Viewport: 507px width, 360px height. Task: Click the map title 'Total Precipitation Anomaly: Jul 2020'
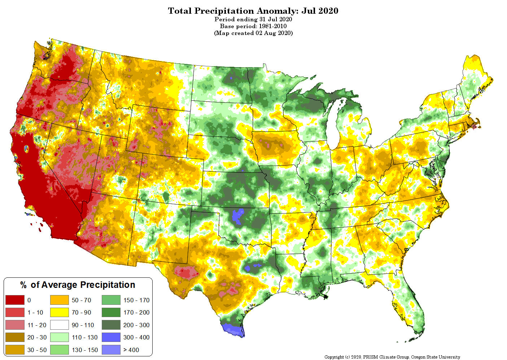pos(253,11)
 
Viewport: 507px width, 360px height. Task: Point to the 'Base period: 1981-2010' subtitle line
pos(253,26)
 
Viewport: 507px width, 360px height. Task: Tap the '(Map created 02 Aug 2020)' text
pos(253,33)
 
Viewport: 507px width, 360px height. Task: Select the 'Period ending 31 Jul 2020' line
pos(253,19)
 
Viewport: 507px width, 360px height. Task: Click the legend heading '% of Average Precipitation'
pos(78,285)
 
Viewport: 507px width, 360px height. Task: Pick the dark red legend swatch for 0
pos(15,300)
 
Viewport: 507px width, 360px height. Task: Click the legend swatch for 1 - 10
pos(15,312)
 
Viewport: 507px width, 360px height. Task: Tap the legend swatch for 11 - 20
pos(15,325)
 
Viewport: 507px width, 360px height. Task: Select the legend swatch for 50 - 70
pos(60,300)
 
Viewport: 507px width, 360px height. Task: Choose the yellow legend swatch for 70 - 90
pos(60,312)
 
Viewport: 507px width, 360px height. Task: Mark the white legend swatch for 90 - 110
pos(60,325)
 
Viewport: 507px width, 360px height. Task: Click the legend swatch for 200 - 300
pos(111,325)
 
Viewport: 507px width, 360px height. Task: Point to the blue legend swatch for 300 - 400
pos(111,337)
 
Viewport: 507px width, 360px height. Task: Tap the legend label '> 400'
pos(131,350)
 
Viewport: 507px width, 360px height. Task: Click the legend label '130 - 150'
pos(85,350)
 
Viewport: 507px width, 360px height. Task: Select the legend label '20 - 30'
pos(37,337)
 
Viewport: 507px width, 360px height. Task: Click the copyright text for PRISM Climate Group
pos(392,357)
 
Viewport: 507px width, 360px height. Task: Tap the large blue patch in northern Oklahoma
pos(238,216)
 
